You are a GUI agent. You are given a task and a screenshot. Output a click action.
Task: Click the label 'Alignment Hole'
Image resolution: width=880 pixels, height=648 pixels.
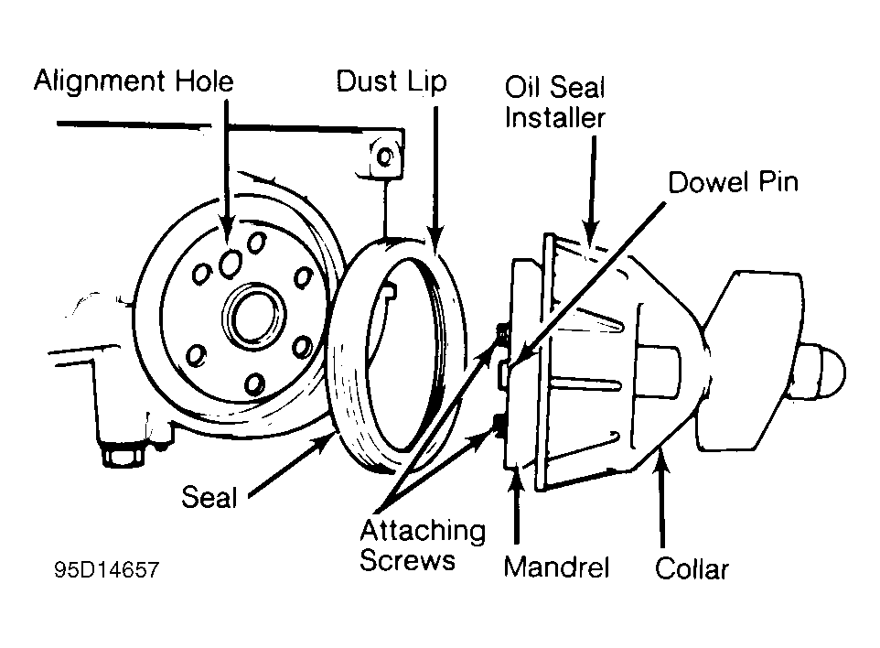coord(134,81)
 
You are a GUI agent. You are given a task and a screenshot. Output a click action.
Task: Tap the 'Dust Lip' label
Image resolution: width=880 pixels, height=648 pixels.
coord(391,81)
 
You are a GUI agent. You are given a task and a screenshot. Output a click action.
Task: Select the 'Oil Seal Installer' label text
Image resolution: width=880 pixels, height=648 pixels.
coord(555,103)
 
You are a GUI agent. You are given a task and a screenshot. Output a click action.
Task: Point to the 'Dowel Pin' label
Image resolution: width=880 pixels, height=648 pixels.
coord(733,181)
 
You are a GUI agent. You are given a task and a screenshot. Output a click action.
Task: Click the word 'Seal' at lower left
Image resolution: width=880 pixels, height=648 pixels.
coord(209,498)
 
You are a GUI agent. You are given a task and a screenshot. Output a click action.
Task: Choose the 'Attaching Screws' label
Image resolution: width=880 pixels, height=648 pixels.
coord(422,545)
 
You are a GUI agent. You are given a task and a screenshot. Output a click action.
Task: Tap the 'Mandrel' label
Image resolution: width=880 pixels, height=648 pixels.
coord(556,567)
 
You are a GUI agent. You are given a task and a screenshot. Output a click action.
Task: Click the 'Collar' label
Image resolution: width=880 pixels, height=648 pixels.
coord(692,569)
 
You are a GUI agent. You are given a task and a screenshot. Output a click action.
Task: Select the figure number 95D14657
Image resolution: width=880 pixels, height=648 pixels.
coord(105,570)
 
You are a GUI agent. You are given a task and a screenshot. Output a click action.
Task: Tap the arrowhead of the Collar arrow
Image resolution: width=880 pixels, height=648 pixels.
coord(660,454)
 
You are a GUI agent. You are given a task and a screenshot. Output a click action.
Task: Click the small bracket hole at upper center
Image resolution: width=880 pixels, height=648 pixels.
coord(385,157)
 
